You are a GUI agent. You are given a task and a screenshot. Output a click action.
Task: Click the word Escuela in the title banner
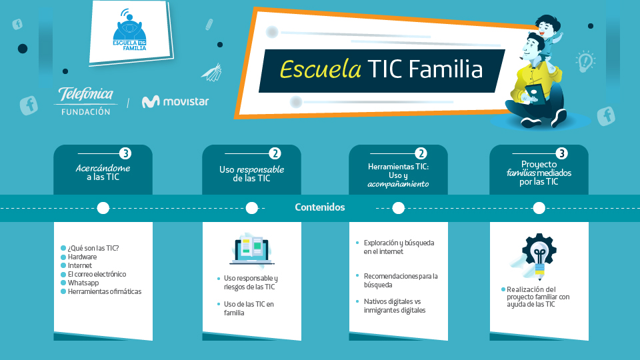point(321,69)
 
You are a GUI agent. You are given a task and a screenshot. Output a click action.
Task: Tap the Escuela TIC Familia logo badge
point(130,33)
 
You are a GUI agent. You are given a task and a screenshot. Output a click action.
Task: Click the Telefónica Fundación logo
point(86,101)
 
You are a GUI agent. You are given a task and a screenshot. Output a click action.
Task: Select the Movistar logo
point(175,101)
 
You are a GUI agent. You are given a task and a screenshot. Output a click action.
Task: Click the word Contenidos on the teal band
point(319,207)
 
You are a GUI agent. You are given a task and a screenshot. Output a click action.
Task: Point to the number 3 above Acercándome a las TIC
point(125,153)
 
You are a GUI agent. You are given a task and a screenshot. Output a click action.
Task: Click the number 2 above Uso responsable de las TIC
point(275,153)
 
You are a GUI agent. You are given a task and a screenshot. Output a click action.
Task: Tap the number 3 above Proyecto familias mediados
point(561,153)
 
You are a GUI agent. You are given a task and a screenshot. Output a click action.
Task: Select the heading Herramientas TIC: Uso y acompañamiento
point(399,175)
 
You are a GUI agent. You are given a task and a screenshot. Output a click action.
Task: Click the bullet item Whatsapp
point(83,283)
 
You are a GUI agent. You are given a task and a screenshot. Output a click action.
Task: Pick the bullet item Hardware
point(82,257)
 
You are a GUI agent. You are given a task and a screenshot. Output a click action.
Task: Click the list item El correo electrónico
point(97,274)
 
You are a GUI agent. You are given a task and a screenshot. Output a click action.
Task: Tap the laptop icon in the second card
point(252,249)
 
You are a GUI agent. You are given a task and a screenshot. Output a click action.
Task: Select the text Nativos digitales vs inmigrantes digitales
point(394,306)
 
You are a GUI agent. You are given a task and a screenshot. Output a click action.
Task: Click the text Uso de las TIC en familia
point(249,309)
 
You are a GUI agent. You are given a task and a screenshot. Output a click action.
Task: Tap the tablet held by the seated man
point(535,94)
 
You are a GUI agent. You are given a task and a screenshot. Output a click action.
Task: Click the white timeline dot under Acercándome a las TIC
point(103,208)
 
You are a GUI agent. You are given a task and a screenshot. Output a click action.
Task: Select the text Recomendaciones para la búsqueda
point(401,281)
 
